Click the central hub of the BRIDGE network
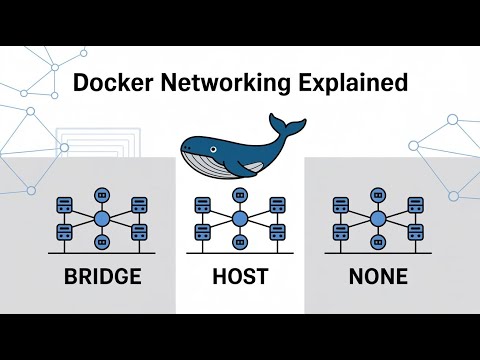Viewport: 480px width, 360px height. pyautogui.click(x=101, y=219)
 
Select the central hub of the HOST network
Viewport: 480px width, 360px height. pyautogui.click(x=239, y=219)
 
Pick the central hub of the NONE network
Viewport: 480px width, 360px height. pyautogui.click(x=377, y=219)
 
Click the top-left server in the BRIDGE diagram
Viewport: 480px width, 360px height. pyautogui.click(x=64, y=204)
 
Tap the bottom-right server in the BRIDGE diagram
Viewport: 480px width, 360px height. pyautogui.click(x=138, y=231)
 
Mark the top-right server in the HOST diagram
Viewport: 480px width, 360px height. pyautogui.click(x=276, y=204)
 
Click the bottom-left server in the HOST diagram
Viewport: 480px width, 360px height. pyautogui.click(x=202, y=231)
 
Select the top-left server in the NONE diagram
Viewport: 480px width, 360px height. pyautogui.click(x=340, y=204)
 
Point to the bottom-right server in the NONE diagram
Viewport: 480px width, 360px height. pyautogui.click(x=414, y=231)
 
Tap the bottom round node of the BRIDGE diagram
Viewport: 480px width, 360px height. pyautogui.click(x=101, y=243)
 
